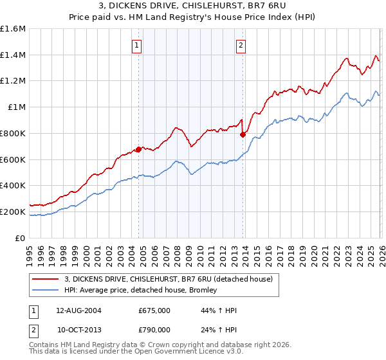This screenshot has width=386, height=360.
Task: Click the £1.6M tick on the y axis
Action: pyautogui.click(x=13, y=29)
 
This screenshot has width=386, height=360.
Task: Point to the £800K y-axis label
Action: pyautogui.click(x=13, y=133)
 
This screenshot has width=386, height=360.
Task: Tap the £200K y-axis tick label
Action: pyautogui.click(x=13, y=212)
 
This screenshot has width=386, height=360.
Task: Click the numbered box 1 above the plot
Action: pyautogui.click(x=138, y=45)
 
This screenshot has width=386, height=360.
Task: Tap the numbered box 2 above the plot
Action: pyautogui.click(x=241, y=45)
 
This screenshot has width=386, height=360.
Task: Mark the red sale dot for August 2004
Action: pyautogui.click(x=138, y=149)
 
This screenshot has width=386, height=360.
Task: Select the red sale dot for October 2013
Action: pyautogui.click(x=243, y=134)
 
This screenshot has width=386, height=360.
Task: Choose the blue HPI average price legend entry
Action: pyautogui.click(x=141, y=290)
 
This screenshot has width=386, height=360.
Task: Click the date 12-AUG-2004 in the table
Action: pyautogui.click(x=78, y=310)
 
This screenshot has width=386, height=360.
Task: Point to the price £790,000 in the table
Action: pyautogui.click(x=154, y=329)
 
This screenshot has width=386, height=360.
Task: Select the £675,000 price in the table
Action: pyautogui.click(x=154, y=310)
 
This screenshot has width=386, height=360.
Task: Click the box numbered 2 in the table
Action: pyautogui.click(x=34, y=329)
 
